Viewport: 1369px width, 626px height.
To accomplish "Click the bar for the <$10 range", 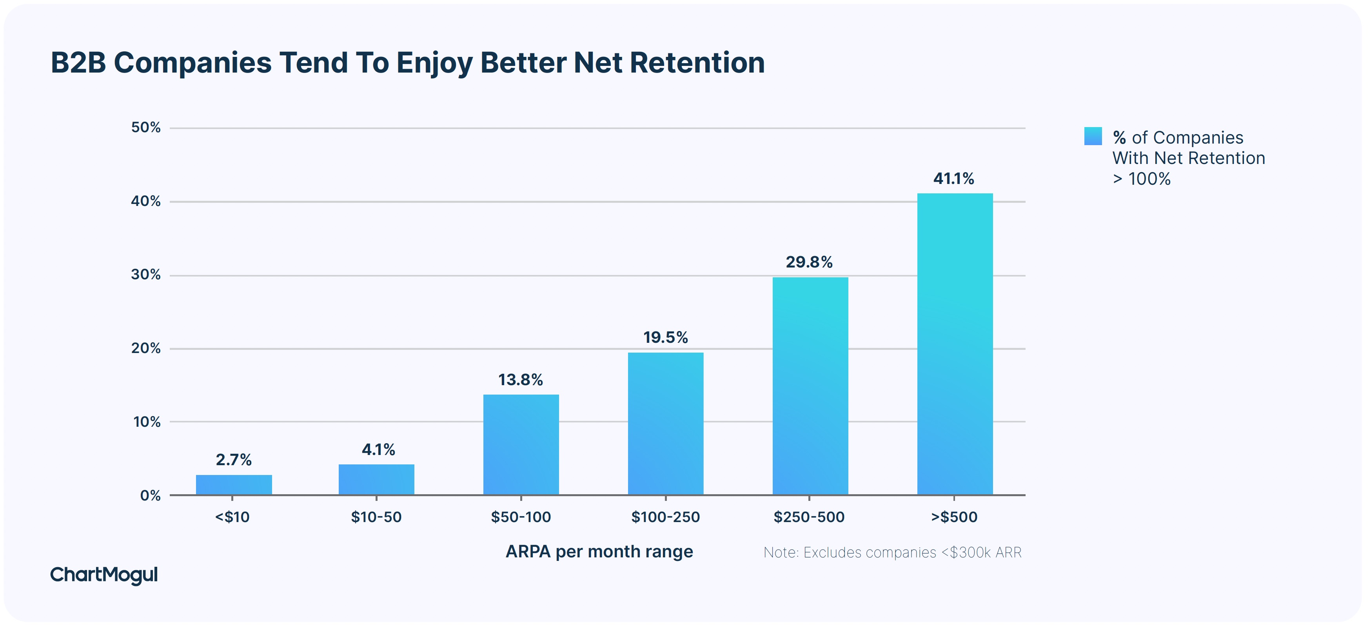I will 234,484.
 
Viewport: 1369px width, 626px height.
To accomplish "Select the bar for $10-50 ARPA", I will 376,479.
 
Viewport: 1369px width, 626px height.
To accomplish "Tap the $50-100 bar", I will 521,445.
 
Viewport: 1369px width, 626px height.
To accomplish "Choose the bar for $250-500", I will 810,386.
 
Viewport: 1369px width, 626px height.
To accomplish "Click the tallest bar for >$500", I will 955,344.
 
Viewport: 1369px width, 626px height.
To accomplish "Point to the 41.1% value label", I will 953,179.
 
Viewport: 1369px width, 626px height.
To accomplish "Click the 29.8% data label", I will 809,262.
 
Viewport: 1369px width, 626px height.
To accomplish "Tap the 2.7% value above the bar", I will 233,460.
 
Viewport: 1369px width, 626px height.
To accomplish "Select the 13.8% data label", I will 520,380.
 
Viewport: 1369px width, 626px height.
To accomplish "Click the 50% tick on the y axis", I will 145,127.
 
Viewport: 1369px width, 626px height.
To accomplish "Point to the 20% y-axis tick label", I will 145,348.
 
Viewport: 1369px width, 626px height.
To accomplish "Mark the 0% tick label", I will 150,496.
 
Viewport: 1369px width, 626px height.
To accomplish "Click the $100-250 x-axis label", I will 665,517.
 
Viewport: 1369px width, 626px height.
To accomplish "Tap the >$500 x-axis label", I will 954,517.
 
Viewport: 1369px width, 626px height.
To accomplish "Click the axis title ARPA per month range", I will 599,551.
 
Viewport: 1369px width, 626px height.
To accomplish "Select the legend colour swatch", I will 1093,136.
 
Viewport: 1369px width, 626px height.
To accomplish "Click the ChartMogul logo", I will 104,575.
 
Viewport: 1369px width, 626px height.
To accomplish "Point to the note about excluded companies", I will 892,553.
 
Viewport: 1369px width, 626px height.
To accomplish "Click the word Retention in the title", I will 697,63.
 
